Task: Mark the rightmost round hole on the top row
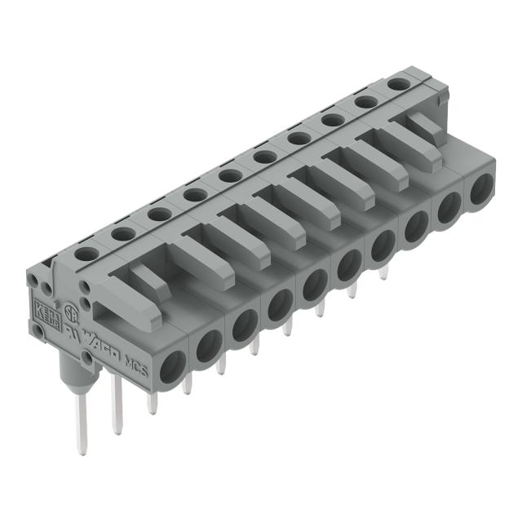click(398, 84)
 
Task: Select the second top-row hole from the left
click(122, 233)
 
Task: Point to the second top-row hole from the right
click(365, 102)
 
